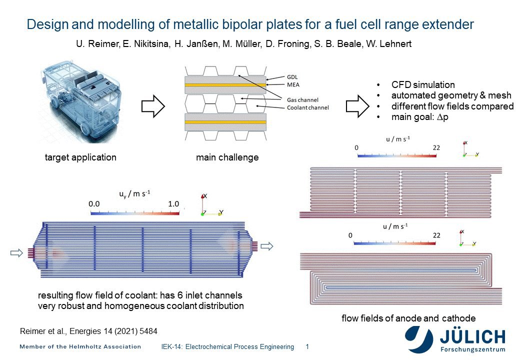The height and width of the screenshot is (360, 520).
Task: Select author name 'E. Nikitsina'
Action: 146,44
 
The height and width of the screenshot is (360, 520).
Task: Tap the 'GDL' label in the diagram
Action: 292,77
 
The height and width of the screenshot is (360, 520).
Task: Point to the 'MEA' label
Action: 293,85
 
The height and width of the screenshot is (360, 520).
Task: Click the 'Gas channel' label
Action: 302,100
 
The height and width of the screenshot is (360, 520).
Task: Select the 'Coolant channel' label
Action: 308,107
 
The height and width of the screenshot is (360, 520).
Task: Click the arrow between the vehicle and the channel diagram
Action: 153,106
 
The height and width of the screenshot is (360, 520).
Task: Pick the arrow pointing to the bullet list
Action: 357,106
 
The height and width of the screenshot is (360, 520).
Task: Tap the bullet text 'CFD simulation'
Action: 423,85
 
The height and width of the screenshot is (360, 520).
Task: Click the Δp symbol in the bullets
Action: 442,117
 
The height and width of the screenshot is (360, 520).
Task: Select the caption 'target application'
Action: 80,157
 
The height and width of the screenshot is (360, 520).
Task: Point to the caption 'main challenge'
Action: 227,157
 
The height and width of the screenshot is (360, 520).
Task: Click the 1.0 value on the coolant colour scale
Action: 173,204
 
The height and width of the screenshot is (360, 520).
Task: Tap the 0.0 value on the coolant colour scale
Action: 94,204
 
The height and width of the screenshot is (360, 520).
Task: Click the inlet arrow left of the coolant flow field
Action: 16,253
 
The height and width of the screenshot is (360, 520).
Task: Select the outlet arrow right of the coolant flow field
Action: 267,246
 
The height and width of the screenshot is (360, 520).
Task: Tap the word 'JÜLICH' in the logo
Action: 472,337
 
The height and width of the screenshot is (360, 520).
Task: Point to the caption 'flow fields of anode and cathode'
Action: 408,318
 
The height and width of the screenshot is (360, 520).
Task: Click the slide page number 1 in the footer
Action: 307,346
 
